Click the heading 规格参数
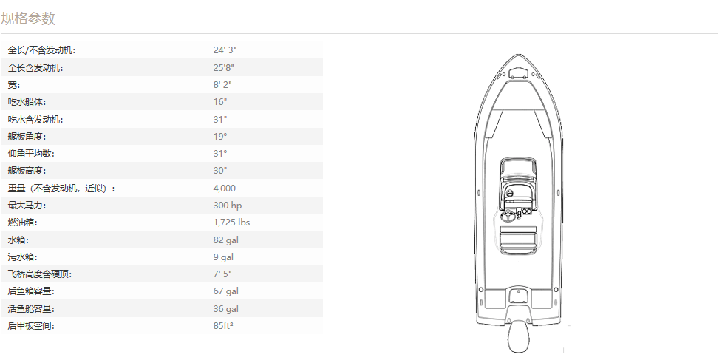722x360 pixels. [x=27, y=18]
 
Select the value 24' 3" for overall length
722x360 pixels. [x=225, y=50]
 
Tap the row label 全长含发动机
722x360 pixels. [x=35, y=68]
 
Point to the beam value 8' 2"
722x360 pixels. [x=222, y=85]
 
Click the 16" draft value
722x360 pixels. [x=220, y=102]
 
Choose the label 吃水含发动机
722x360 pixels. [x=35, y=119]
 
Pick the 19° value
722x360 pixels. [x=220, y=136]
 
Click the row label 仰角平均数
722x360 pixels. [x=31, y=154]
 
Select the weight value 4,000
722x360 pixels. [x=224, y=189]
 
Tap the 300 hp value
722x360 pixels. [x=228, y=206]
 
